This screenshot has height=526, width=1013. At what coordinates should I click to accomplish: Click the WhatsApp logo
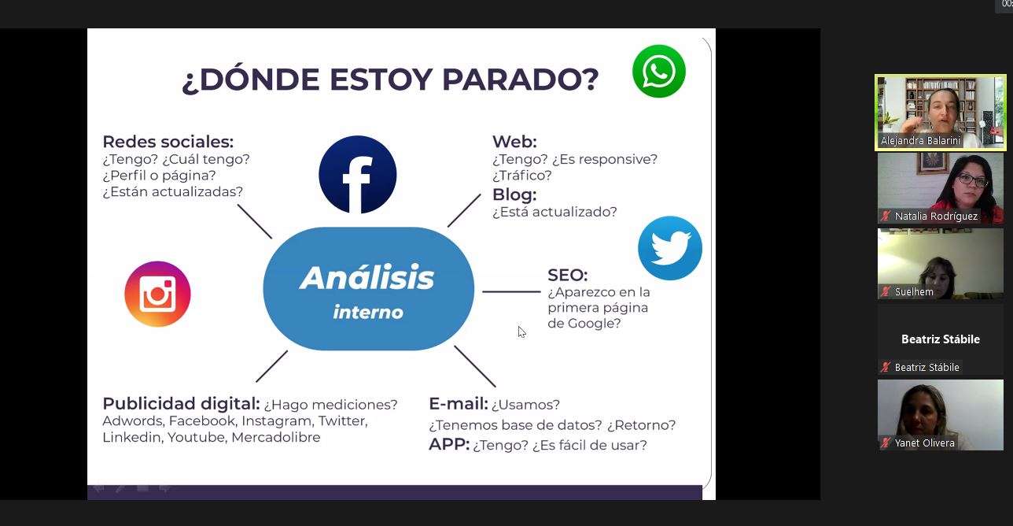click(x=658, y=71)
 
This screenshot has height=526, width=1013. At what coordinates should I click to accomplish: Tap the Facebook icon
click(x=357, y=174)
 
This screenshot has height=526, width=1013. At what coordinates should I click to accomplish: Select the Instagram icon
click(x=157, y=294)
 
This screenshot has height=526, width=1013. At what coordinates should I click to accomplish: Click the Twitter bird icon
click(x=670, y=248)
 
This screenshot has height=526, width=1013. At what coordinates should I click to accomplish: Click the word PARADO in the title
click(x=520, y=80)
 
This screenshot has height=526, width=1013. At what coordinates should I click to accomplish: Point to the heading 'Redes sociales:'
click(x=168, y=142)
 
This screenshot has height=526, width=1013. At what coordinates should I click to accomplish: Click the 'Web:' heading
click(x=514, y=142)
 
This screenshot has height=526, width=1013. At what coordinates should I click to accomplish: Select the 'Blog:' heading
click(x=514, y=194)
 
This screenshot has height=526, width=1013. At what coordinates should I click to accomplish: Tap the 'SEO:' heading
click(x=568, y=275)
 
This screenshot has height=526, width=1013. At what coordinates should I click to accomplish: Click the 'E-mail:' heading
click(x=458, y=403)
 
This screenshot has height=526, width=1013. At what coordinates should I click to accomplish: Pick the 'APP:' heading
click(x=449, y=444)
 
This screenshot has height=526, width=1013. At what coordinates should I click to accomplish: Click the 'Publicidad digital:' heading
click(x=181, y=403)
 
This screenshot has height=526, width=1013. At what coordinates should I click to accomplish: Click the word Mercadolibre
click(x=276, y=437)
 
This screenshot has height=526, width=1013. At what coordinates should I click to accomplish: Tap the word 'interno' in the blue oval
click(x=368, y=313)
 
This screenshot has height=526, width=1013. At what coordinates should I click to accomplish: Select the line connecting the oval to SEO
click(x=511, y=292)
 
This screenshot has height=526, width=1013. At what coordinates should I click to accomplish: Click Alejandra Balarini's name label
click(x=920, y=141)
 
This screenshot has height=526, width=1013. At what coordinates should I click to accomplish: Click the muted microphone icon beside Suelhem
click(x=886, y=291)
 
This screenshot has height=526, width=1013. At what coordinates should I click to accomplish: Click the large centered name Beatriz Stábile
click(x=940, y=339)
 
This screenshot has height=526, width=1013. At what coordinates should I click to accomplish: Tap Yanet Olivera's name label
click(x=924, y=443)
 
